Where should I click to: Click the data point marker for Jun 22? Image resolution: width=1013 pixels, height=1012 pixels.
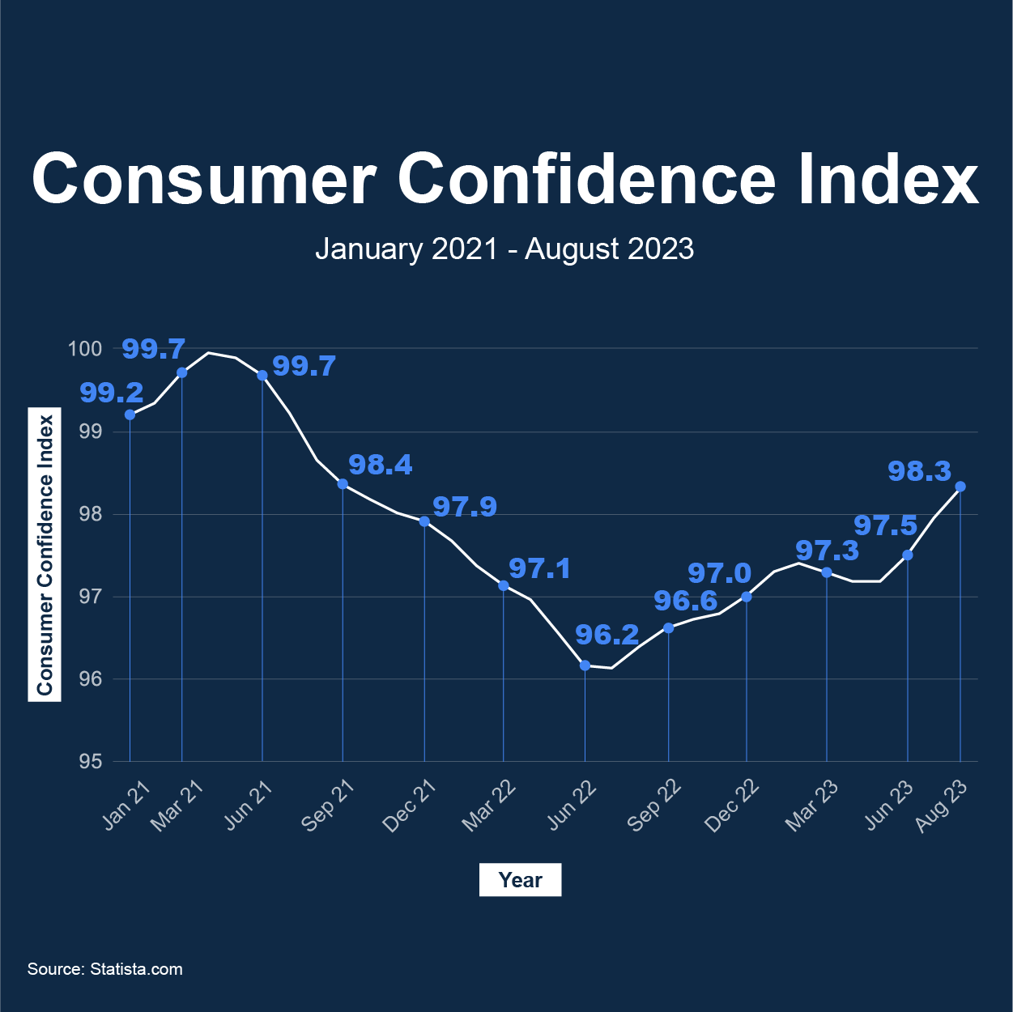click(x=585, y=665)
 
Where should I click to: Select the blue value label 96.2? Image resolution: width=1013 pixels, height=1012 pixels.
click(x=607, y=635)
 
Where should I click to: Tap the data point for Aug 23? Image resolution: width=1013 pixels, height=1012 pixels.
click(x=960, y=487)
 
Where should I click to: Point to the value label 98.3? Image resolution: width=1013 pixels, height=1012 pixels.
click(x=919, y=471)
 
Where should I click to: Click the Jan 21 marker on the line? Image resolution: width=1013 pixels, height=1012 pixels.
click(x=130, y=415)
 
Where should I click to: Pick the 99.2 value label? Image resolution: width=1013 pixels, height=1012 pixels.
click(x=111, y=393)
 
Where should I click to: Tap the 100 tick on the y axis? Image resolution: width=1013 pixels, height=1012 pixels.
click(x=85, y=349)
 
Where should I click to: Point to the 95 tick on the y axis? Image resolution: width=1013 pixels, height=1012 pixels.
click(x=91, y=762)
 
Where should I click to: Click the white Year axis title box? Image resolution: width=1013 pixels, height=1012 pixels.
click(x=520, y=880)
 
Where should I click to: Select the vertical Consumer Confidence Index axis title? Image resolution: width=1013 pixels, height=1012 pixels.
click(x=45, y=555)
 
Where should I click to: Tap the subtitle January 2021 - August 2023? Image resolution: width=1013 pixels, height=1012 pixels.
click(x=504, y=249)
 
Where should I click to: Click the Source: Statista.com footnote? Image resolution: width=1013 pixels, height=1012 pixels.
click(x=105, y=969)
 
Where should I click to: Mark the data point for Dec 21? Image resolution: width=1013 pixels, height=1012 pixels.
click(x=424, y=521)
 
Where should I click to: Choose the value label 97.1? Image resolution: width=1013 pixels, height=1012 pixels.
click(x=539, y=569)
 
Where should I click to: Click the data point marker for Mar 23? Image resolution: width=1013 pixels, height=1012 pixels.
click(x=827, y=572)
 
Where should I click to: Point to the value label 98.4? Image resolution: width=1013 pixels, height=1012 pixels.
click(x=380, y=465)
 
